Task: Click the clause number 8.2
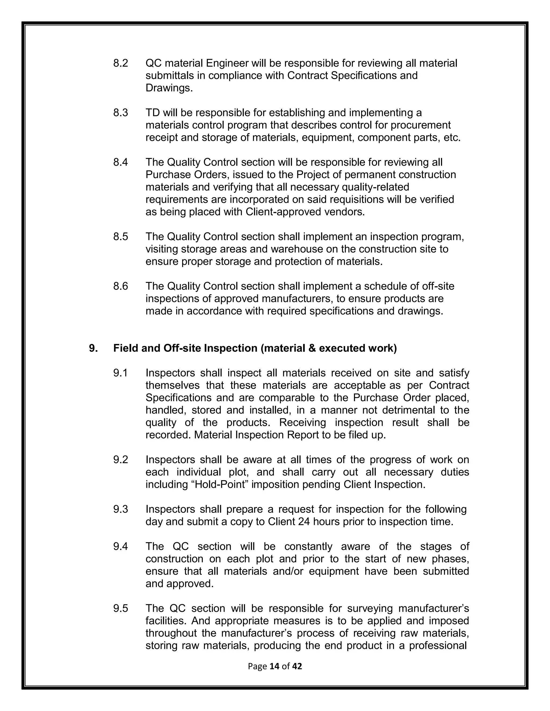(x=121, y=63)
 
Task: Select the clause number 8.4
(x=121, y=162)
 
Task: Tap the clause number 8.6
(x=121, y=286)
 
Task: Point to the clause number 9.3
(x=121, y=509)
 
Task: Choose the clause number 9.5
(x=121, y=608)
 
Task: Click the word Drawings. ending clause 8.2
(x=169, y=88)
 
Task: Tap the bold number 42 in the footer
(x=297, y=666)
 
